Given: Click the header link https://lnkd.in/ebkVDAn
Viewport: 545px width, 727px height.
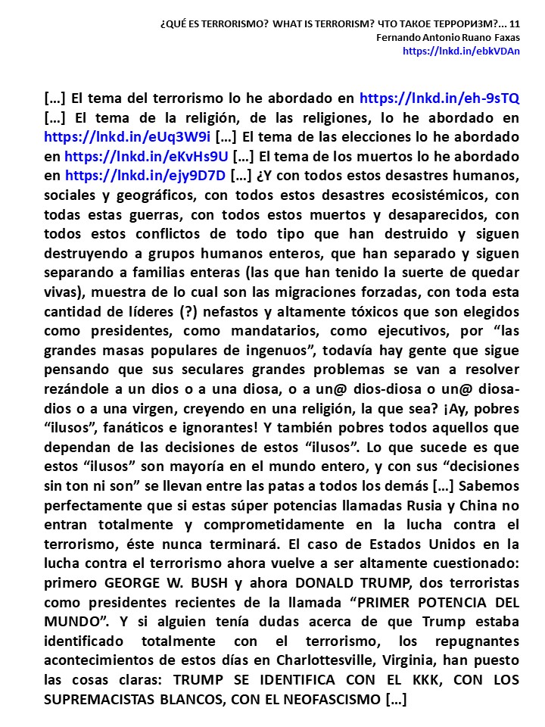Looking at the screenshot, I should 461,51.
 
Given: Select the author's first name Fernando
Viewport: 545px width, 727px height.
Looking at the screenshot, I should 400,38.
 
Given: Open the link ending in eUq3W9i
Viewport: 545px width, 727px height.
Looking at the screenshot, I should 127,137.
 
